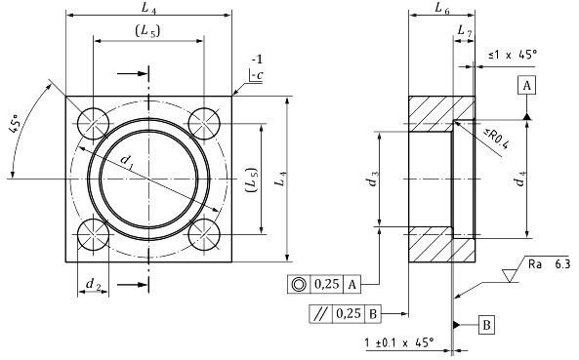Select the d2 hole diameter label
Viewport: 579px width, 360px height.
point(93,284)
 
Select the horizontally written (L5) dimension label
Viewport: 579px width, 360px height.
point(148,32)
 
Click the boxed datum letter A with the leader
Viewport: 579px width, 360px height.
point(527,87)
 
